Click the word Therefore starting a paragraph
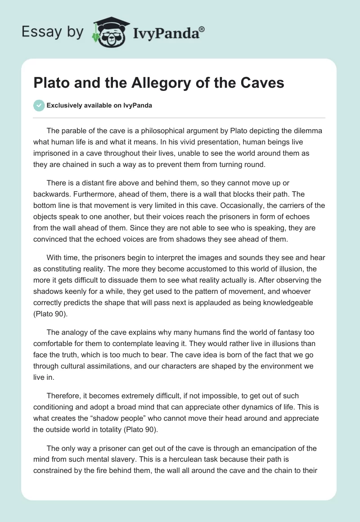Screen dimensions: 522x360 [66, 396]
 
